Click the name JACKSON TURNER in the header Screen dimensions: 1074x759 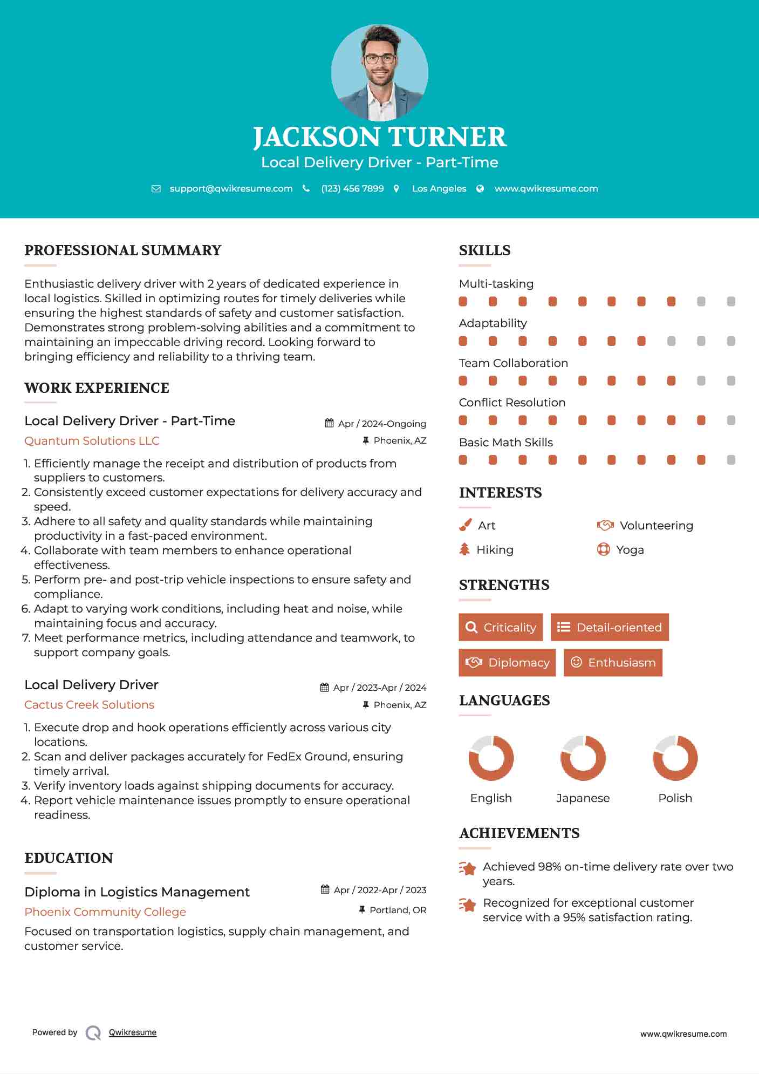(x=379, y=137)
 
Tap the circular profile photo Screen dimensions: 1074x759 (x=379, y=72)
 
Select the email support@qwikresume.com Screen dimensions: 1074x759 (x=231, y=188)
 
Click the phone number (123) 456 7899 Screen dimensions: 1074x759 (x=352, y=188)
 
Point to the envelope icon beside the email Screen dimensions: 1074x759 (x=156, y=189)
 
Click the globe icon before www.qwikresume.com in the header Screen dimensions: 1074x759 (x=480, y=189)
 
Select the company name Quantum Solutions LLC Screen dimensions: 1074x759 (x=92, y=441)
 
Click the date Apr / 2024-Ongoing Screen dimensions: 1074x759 (x=381, y=424)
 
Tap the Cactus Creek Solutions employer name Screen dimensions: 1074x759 (x=89, y=705)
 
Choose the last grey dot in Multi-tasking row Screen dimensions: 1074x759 (x=731, y=302)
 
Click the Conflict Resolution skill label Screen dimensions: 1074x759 (x=512, y=403)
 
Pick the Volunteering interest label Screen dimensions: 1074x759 (x=656, y=526)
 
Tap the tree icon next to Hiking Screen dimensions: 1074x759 (x=464, y=549)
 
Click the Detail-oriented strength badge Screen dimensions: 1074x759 (x=610, y=627)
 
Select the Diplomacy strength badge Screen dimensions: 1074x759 (x=507, y=663)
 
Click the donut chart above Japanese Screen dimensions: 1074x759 (x=583, y=758)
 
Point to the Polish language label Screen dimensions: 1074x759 (x=675, y=798)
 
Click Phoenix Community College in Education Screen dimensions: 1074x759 (x=105, y=912)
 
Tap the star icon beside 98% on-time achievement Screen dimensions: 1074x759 (x=467, y=868)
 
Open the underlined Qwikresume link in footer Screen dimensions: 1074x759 (x=133, y=1032)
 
